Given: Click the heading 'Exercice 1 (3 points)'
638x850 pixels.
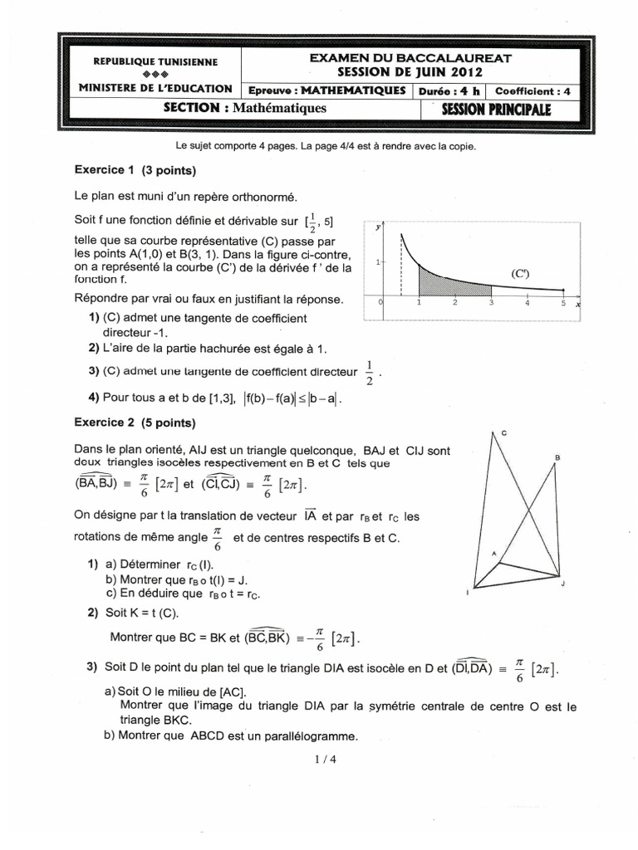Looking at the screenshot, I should point(135,171).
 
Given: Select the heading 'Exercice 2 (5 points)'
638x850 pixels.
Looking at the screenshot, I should point(135,423).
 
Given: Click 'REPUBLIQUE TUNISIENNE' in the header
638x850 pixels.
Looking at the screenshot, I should point(155,62).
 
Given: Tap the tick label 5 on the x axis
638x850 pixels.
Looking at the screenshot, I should point(562,303).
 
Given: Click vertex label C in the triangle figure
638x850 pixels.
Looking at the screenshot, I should point(503,433).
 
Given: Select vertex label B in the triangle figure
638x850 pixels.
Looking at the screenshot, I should point(557,457).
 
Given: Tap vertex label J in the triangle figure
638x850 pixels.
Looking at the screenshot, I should point(562,585).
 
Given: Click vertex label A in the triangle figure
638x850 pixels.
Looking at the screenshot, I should point(493,554).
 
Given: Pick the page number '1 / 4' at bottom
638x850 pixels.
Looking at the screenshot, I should point(319,758).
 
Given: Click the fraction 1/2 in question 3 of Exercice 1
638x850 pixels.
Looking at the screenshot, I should point(370,372).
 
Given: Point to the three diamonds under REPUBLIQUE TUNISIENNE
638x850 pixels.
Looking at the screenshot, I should point(155,75).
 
